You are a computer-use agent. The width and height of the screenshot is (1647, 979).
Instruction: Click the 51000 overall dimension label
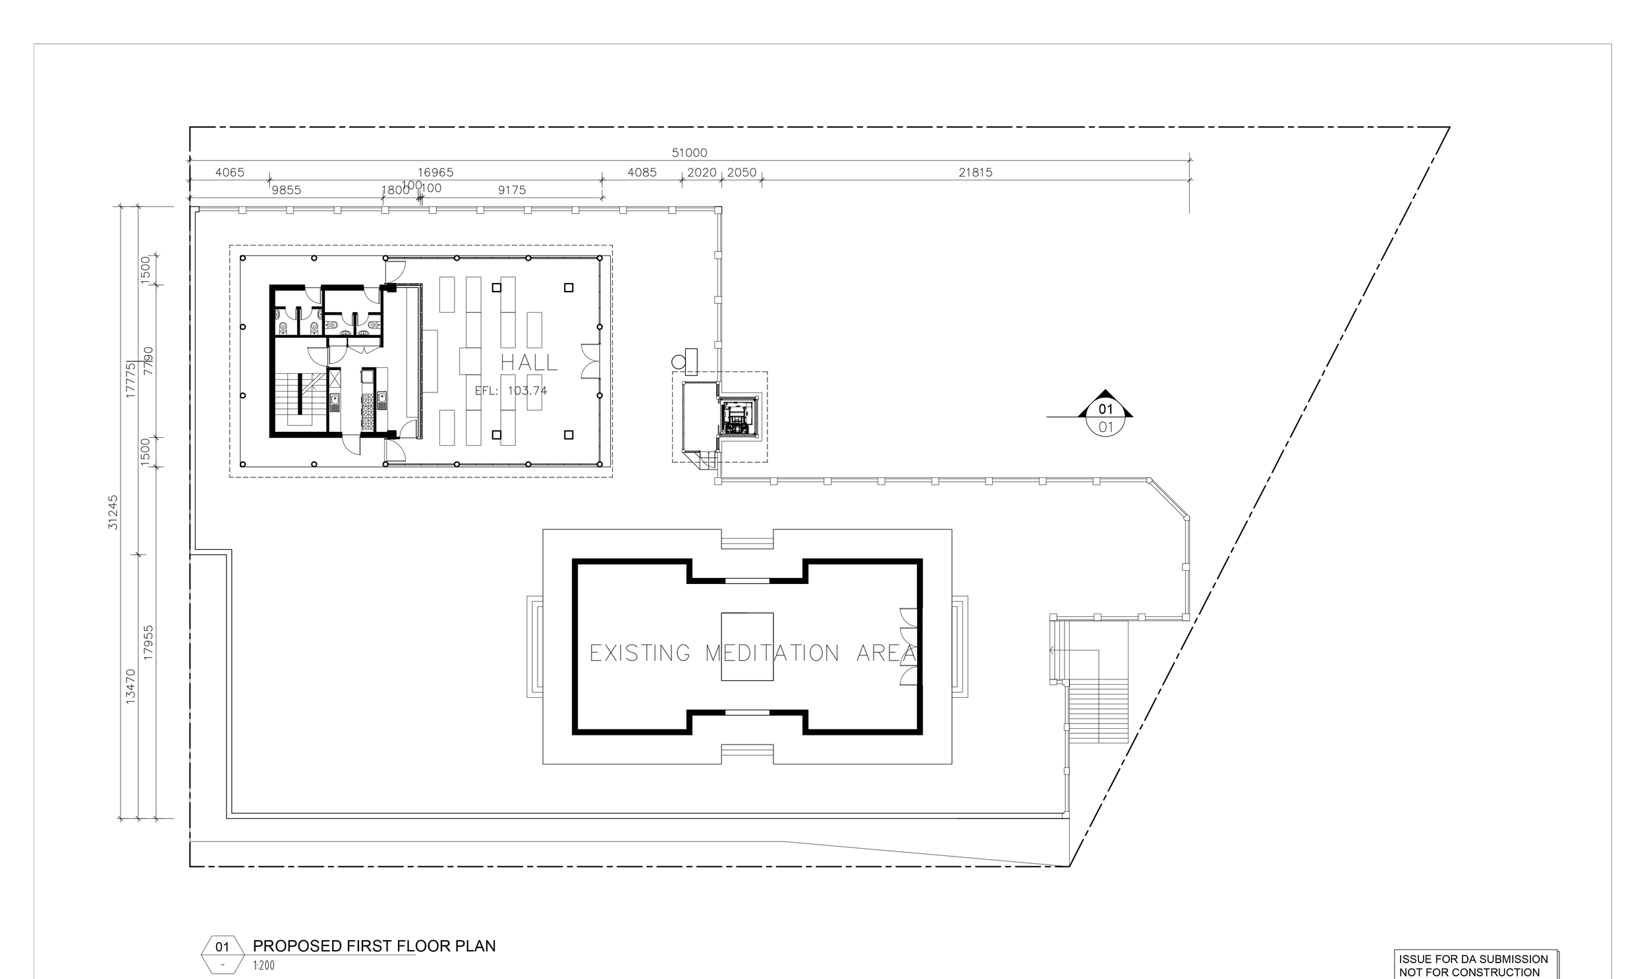[689, 153]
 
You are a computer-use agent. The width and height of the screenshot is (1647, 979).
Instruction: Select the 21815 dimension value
[975, 172]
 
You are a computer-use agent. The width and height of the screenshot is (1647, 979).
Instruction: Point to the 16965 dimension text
[435, 172]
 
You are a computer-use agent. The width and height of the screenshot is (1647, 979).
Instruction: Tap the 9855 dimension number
[286, 190]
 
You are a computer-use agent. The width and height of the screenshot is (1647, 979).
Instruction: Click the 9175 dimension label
[512, 190]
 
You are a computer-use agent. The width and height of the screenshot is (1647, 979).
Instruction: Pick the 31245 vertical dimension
[113, 512]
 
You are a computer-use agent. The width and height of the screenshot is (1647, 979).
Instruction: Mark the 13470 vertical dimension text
[130, 686]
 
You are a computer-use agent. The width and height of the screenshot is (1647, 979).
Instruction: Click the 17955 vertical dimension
[148, 643]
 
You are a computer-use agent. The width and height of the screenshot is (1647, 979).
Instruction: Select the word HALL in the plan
[529, 362]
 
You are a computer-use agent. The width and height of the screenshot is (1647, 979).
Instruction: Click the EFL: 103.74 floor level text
[511, 390]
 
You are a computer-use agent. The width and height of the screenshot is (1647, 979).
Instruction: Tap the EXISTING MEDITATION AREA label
[752, 653]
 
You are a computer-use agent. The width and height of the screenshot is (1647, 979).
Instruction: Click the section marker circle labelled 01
[1105, 418]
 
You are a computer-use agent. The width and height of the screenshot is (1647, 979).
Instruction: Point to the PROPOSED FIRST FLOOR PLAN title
[374, 946]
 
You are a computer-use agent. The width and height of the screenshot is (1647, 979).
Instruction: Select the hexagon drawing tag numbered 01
[223, 955]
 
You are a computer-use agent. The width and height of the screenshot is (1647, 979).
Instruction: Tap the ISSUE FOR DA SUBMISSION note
[1472, 959]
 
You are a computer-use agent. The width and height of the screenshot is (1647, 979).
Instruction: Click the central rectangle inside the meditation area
[746, 647]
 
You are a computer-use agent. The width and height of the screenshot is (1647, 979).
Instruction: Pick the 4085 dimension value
[642, 172]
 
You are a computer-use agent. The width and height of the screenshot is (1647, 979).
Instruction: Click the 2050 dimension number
[741, 172]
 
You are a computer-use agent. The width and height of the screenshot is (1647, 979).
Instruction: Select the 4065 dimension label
[230, 172]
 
